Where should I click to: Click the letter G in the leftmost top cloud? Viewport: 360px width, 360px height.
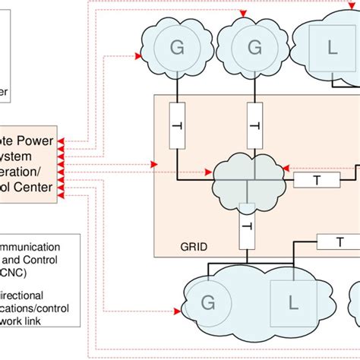[x=178, y=48]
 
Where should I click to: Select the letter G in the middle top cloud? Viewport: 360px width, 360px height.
[x=254, y=48]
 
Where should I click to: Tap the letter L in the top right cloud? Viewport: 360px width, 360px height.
[x=331, y=48]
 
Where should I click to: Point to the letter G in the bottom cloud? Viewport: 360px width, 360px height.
[x=207, y=305]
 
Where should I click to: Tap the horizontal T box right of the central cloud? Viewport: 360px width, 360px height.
[x=317, y=180]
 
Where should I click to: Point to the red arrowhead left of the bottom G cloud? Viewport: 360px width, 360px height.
[x=182, y=311]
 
